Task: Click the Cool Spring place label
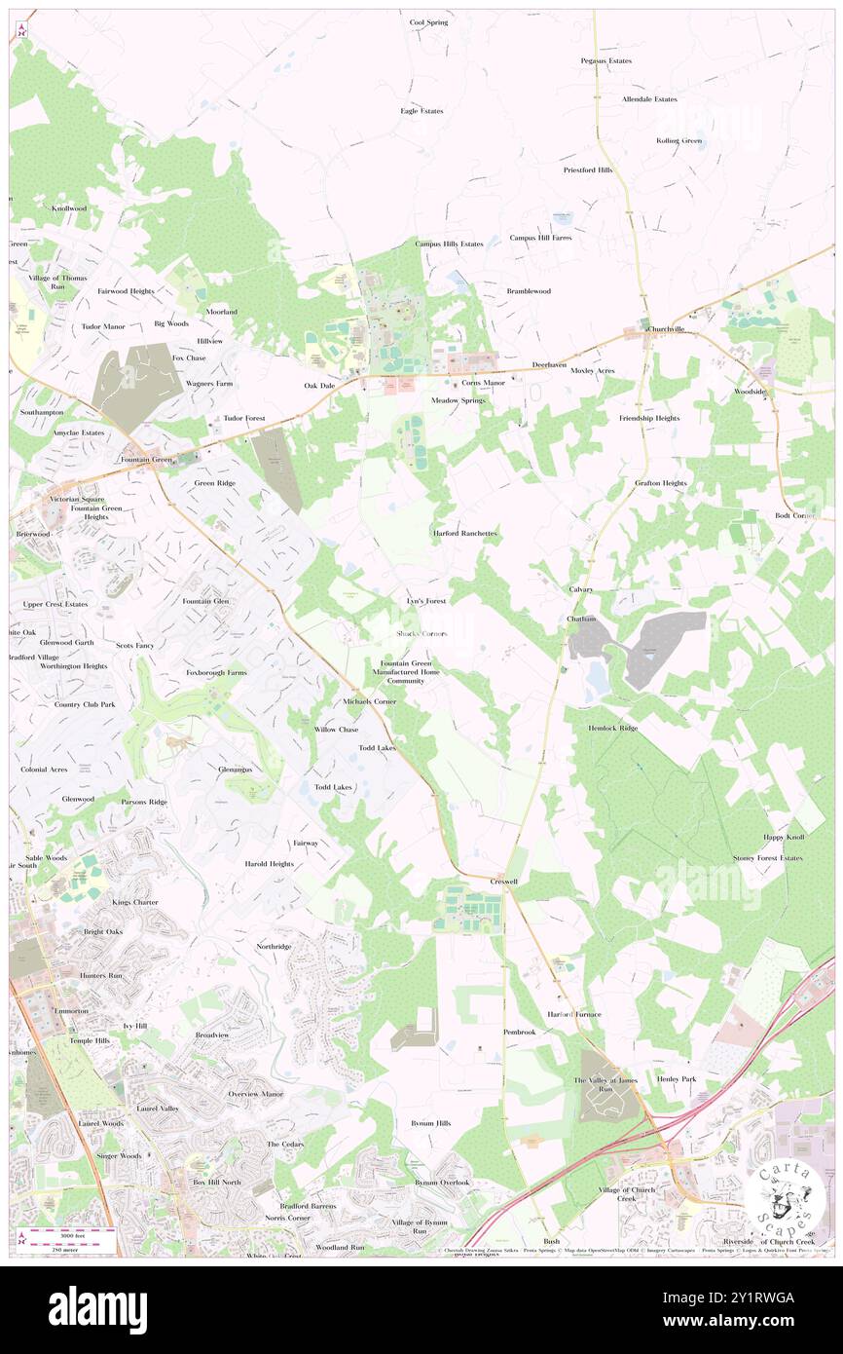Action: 428,21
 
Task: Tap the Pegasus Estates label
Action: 606,60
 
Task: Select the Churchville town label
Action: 668,329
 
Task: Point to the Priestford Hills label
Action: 588,169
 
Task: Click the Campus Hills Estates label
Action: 449,244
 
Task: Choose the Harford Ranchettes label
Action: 465,534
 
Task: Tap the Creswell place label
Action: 503,881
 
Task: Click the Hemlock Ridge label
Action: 613,728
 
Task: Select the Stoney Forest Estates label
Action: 768,858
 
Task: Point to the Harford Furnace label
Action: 574,1014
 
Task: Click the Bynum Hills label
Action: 430,1123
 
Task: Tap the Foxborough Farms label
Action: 216,672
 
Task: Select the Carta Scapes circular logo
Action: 779,1195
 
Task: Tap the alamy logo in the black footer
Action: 97,1310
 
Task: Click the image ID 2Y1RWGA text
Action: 747,1298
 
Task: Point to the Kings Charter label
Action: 134,902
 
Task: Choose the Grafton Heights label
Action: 661,483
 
